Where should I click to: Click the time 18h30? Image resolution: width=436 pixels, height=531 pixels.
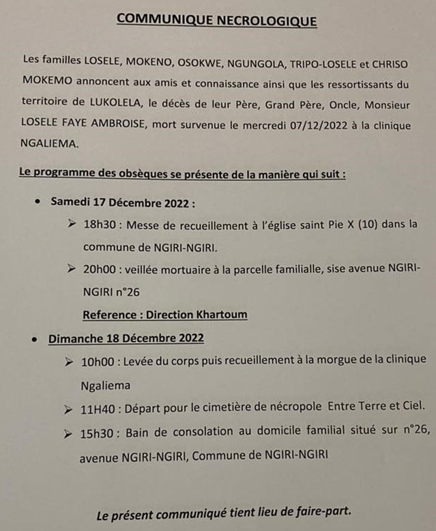(100, 224)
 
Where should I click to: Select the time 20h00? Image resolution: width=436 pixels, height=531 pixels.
(100, 270)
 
